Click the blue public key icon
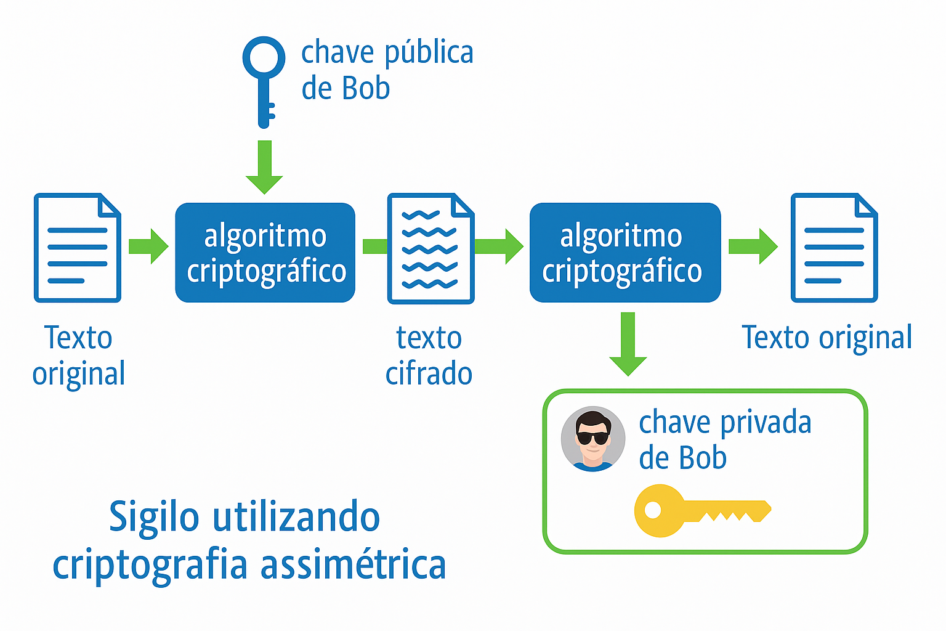[264, 80]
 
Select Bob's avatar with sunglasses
[592, 439]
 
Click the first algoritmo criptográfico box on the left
[265, 253]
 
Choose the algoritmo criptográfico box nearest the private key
[625, 253]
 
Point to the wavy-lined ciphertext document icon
[431, 248]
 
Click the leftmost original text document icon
[78, 248]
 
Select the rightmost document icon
[834, 248]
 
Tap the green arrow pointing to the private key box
[628, 344]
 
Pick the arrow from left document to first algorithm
[148, 246]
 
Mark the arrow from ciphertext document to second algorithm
[499, 246]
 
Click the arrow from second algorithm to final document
[753, 246]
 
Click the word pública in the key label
[429, 54]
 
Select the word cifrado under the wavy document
[429, 374]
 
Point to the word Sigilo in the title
[154, 518]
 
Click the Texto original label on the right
[827, 338]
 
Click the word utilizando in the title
[296, 517]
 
